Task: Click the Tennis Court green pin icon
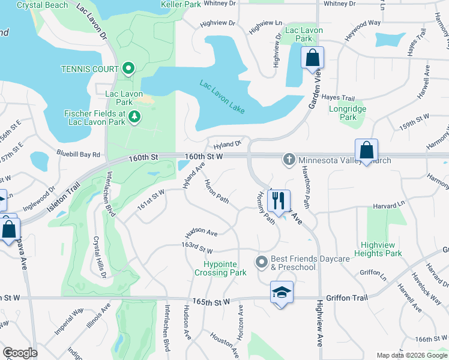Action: [128, 69]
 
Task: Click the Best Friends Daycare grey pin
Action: [261, 262]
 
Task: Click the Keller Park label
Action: [181, 4]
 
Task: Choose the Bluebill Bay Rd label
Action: [79, 154]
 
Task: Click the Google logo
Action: [20, 353]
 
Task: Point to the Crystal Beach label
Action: [42, 5]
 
